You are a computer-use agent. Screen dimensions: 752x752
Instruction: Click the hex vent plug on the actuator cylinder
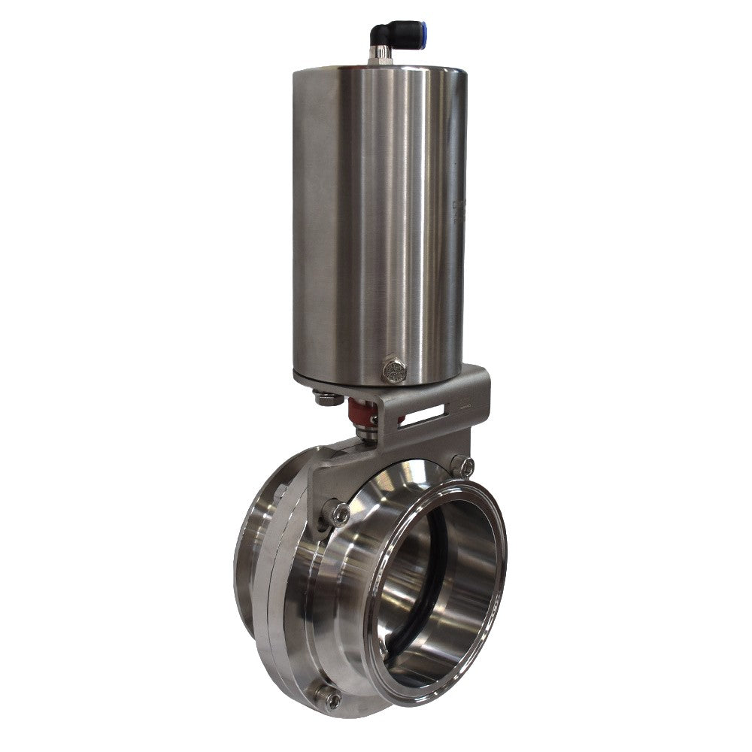(x=394, y=370)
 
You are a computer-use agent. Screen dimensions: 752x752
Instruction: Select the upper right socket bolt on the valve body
(x=462, y=467)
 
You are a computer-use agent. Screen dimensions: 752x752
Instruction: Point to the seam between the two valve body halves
(x=265, y=572)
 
